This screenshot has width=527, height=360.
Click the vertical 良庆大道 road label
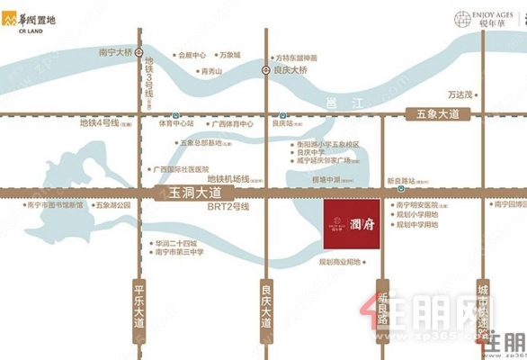click(266, 308)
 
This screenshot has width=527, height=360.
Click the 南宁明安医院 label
click(421, 205)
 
